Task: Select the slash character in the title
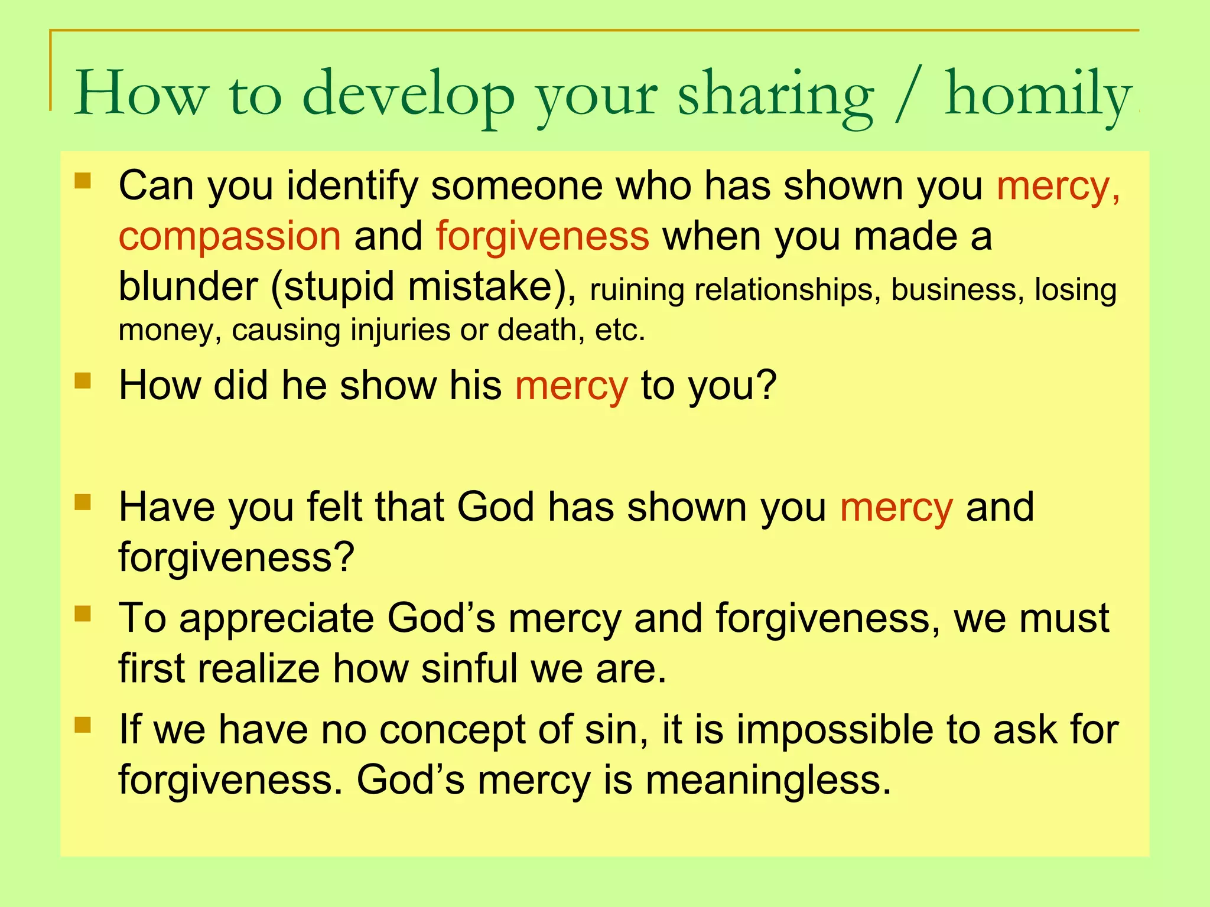tap(908, 94)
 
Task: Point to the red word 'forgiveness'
tap(542, 236)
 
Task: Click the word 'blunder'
tap(188, 287)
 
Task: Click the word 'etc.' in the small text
tap(620, 330)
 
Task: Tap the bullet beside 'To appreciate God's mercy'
tap(83, 614)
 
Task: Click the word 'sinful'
tap(470, 668)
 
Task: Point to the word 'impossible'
tap(835, 730)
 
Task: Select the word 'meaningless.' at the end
tap(768, 781)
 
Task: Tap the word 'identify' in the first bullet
tap(352, 187)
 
